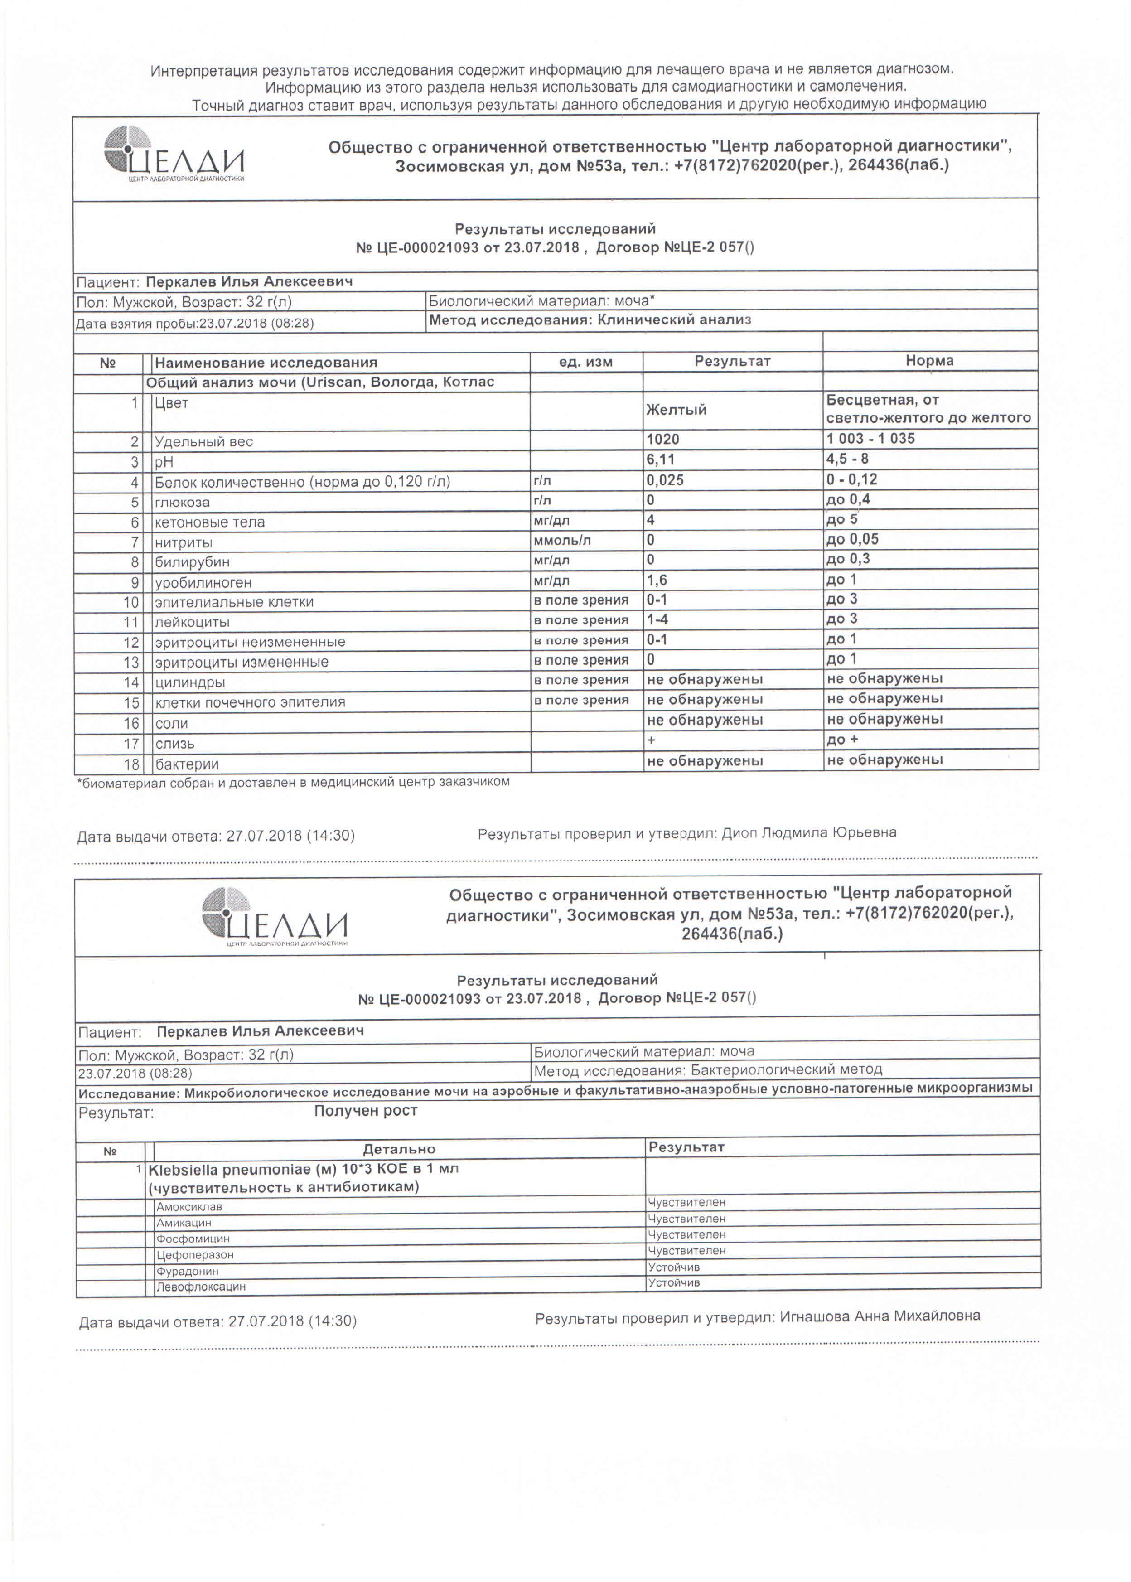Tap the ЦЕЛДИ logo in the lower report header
click(x=275, y=916)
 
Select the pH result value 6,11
click(x=660, y=460)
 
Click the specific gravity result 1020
click(x=662, y=440)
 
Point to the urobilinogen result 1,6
click(x=657, y=580)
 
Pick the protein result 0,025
click(x=665, y=480)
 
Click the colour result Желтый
click(x=676, y=409)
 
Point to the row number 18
click(x=131, y=764)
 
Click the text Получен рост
click(x=366, y=1111)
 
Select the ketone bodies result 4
click(x=651, y=519)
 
